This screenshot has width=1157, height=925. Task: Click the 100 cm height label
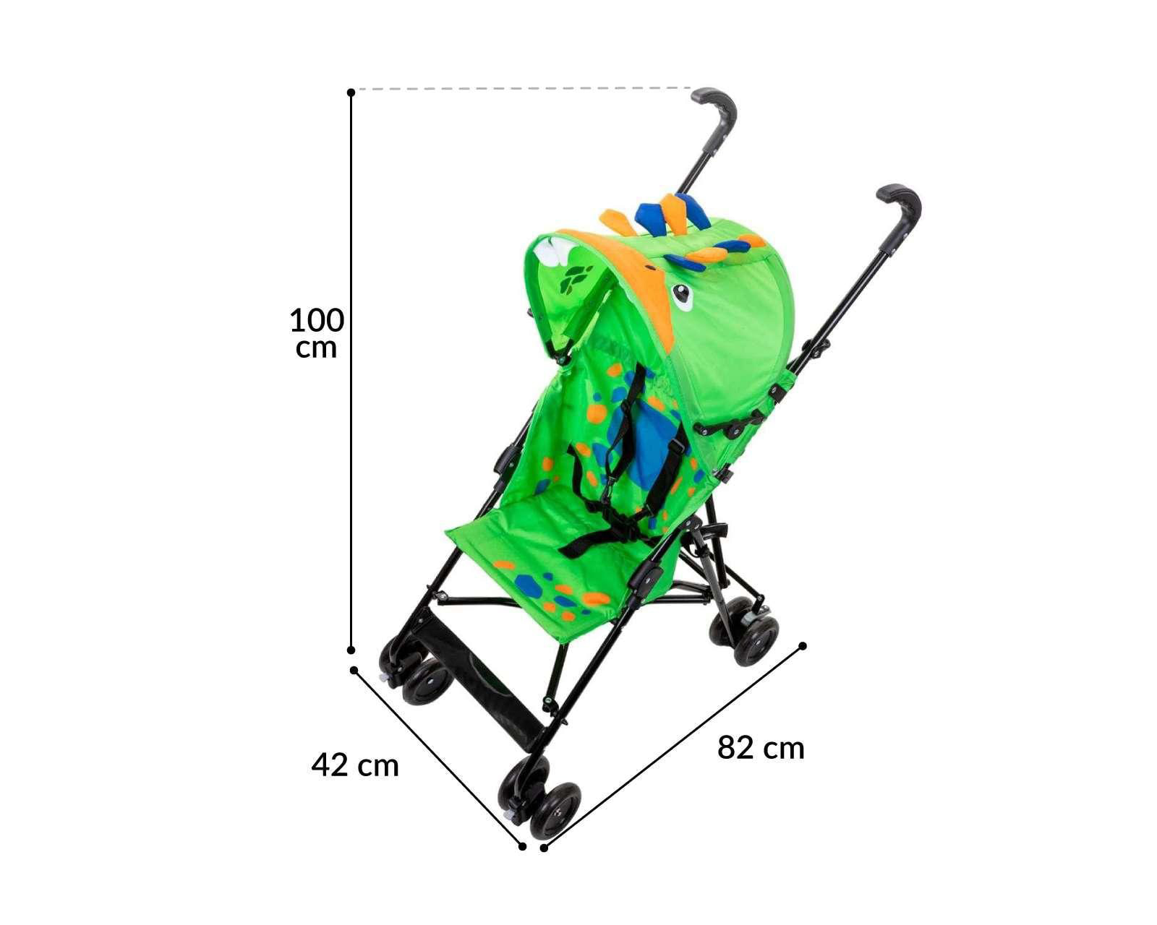pos(317,333)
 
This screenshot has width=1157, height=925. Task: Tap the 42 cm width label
pos(355,765)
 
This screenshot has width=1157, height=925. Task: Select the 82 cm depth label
pos(761,748)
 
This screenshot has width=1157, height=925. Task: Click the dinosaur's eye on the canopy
pos(681,296)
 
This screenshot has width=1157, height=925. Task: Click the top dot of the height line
pos(351,92)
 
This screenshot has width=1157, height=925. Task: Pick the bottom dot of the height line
pos(351,650)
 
